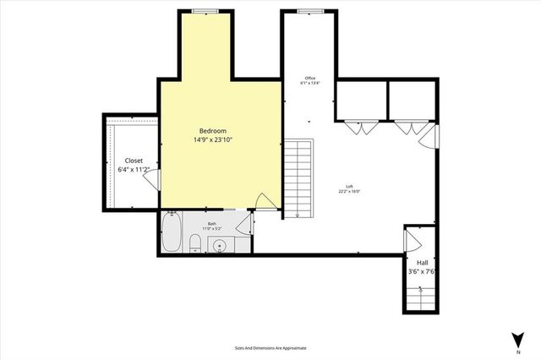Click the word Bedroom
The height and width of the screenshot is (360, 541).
(x=213, y=131)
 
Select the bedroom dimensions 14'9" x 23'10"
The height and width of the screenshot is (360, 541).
(x=213, y=140)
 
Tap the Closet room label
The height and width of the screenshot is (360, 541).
(x=134, y=161)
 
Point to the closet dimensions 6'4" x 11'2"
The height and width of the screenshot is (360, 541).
(x=134, y=170)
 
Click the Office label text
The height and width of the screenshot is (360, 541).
(x=309, y=79)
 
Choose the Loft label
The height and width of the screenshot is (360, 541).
(x=349, y=186)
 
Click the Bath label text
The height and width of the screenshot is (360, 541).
(x=211, y=224)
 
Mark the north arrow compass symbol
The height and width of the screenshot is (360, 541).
(x=516, y=340)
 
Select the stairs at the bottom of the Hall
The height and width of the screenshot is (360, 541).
(x=420, y=297)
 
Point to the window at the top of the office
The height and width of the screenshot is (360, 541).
(x=309, y=11)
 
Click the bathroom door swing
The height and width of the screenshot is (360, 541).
(x=243, y=225)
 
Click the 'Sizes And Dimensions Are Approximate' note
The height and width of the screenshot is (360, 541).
(x=270, y=347)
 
